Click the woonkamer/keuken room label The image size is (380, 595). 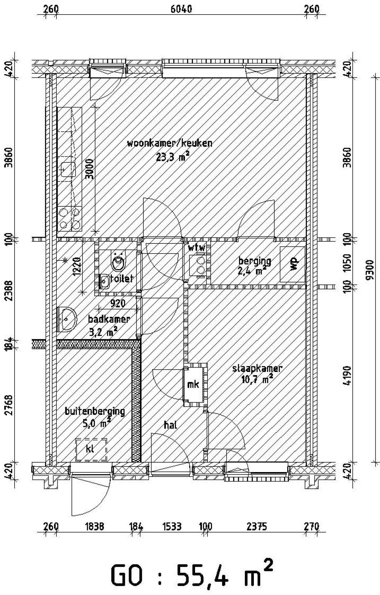(x=170, y=143)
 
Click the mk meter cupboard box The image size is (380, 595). (x=193, y=384)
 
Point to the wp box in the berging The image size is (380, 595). (x=293, y=264)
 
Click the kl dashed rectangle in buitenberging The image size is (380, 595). (x=91, y=449)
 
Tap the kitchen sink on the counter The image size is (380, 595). (x=68, y=170)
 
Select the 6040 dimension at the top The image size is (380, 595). (x=181, y=9)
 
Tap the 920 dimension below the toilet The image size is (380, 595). (x=118, y=303)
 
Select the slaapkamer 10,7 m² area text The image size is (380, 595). (x=257, y=379)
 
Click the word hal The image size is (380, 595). (x=170, y=425)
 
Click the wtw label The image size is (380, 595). (x=196, y=248)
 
